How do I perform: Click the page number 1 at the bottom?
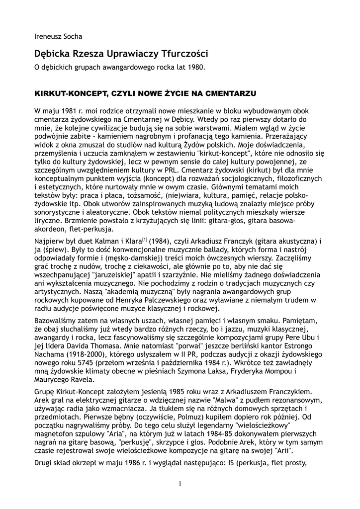180,483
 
